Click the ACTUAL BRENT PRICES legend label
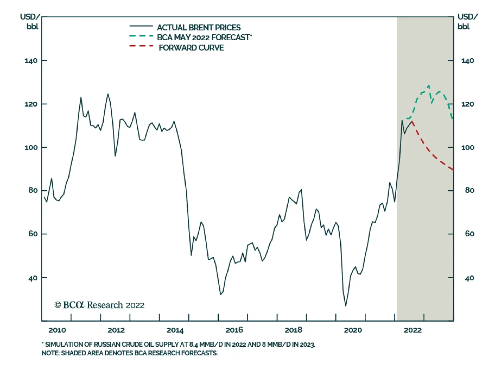199,28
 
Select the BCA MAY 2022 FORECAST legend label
204,37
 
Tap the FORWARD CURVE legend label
191,48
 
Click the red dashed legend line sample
141,46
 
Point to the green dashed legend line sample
141,36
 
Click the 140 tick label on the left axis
31,61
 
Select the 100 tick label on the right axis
467,147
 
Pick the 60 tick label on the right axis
469,234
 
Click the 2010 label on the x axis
57,330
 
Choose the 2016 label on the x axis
234,330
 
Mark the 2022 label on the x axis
413,330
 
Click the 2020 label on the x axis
353,330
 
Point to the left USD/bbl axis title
31,21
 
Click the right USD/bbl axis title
467,21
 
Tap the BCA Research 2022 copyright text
99,305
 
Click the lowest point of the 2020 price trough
346,306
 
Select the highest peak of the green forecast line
428,86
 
